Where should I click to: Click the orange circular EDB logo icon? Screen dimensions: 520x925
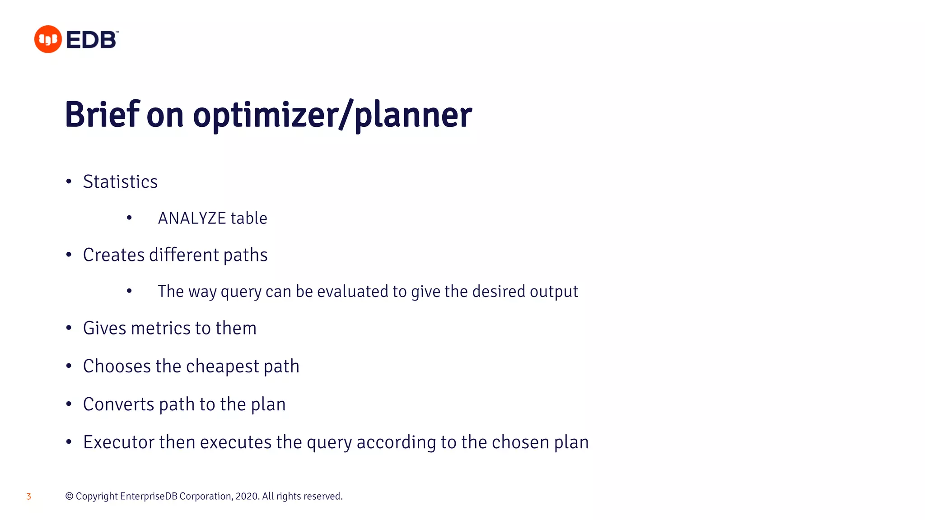tap(48, 39)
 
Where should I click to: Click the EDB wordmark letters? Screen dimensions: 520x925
tap(92, 40)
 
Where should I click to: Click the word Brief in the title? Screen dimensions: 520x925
tap(102, 115)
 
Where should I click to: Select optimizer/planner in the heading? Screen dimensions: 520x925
tap(332, 115)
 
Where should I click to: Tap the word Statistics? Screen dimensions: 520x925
tap(120, 182)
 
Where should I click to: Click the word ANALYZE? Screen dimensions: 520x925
tap(192, 218)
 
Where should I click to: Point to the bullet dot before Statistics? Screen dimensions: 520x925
tap(69, 182)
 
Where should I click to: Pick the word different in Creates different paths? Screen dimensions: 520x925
tap(184, 255)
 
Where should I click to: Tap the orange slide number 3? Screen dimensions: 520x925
tap(29, 497)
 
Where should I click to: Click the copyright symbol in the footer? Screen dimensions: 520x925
tap(69, 497)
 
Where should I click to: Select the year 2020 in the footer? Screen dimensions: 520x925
tap(247, 497)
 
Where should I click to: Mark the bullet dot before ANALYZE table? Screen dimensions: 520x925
tap(130, 218)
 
